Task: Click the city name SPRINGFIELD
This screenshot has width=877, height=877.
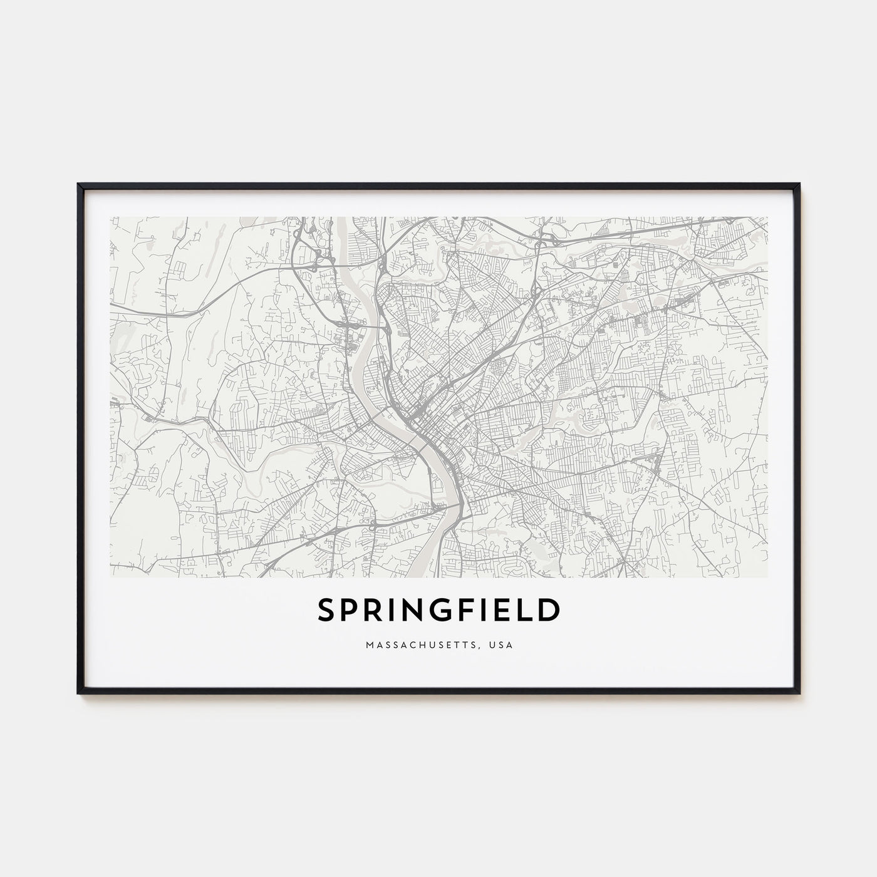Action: coord(438,611)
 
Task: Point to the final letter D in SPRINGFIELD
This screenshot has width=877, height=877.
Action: coord(549,611)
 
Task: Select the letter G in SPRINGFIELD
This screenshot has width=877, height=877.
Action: coord(442,611)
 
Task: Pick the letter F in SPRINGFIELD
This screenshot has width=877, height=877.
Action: coord(466,611)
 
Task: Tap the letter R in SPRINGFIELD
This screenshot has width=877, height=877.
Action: coord(373,611)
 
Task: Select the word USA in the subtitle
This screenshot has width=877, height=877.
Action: coord(502,645)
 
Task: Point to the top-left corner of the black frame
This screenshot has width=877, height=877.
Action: coord(78,184)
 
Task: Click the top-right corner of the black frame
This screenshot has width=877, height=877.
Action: coord(799,184)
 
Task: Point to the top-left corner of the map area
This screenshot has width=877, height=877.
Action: coord(110,217)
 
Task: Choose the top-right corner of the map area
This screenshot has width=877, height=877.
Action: coord(767,217)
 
